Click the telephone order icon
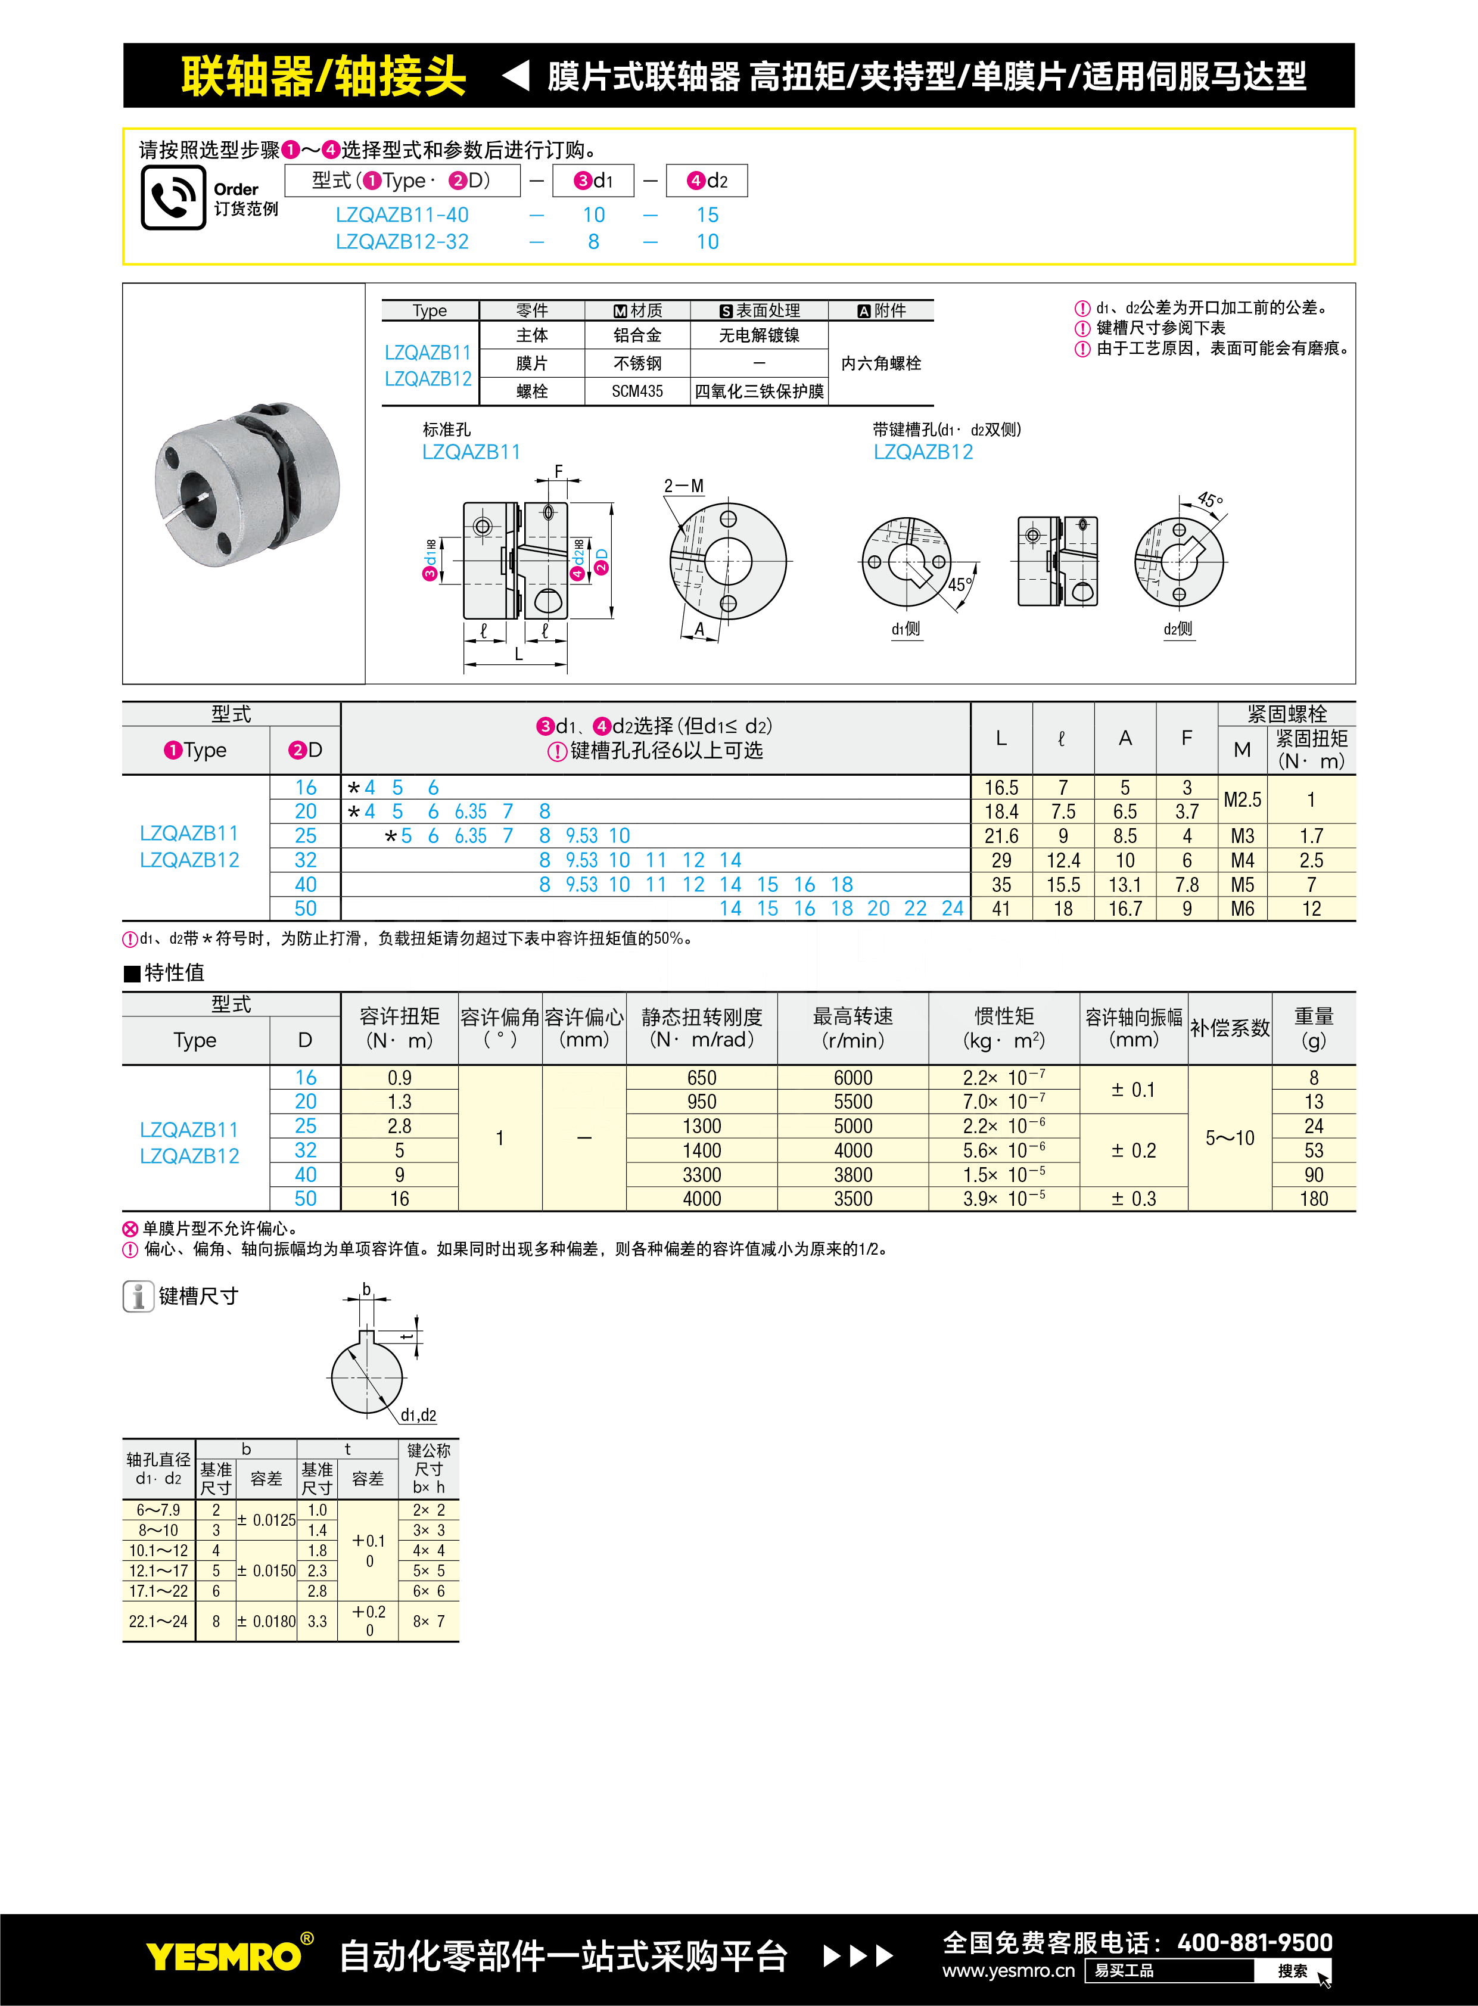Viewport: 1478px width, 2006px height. click(x=173, y=197)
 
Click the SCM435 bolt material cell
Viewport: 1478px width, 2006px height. click(x=637, y=391)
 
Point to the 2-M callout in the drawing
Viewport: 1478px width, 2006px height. click(x=683, y=486)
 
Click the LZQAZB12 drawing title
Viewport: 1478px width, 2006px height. click(x=923, y=452)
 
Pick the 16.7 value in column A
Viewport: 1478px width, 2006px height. click(x=1125, y=909)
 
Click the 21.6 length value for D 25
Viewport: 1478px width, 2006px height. click(x=1001, y=836)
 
